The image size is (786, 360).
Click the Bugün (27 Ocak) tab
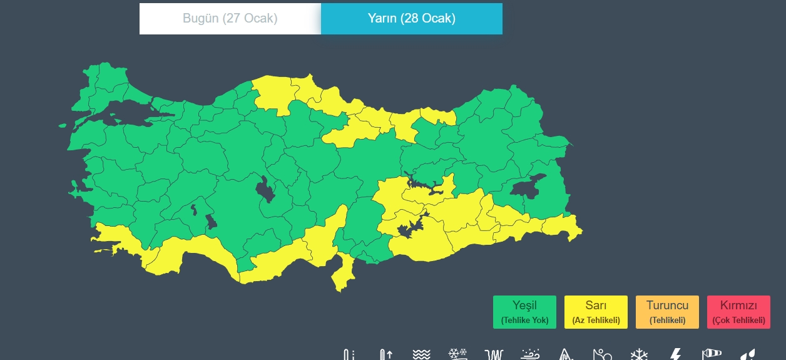230,19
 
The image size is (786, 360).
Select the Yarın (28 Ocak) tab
411,19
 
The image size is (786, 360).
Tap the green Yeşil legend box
524,312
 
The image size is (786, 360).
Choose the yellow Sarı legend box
596,312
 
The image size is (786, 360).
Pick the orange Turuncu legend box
667,312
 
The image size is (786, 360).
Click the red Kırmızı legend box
738,312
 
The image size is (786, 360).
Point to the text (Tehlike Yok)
524,321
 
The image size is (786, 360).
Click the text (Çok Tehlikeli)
738,321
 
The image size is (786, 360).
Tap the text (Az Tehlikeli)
596,321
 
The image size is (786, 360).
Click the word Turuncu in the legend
667,306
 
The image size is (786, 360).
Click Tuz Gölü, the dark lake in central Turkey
265,189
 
